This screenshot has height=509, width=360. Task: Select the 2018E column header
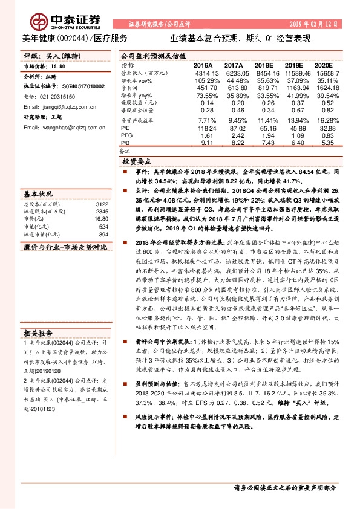click(264, 64)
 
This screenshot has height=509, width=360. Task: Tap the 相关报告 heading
click(39, 332)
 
